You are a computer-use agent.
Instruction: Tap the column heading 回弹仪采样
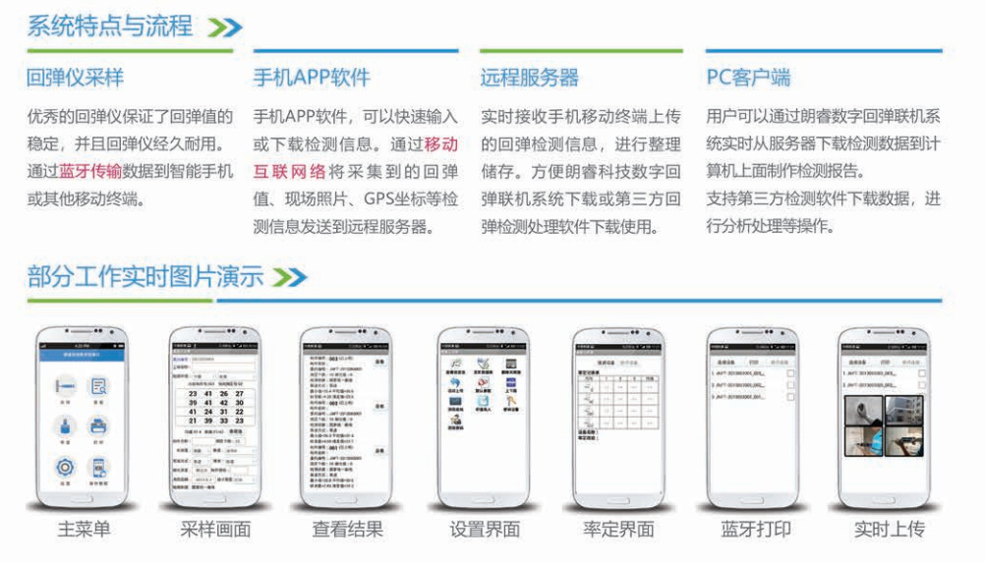75,77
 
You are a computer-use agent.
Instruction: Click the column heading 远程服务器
529,77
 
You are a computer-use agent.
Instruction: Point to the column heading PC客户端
748,77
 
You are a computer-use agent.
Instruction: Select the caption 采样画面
215,530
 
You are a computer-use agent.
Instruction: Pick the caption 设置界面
484,530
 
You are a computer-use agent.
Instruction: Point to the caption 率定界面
618,530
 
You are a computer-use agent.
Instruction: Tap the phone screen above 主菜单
83,414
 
